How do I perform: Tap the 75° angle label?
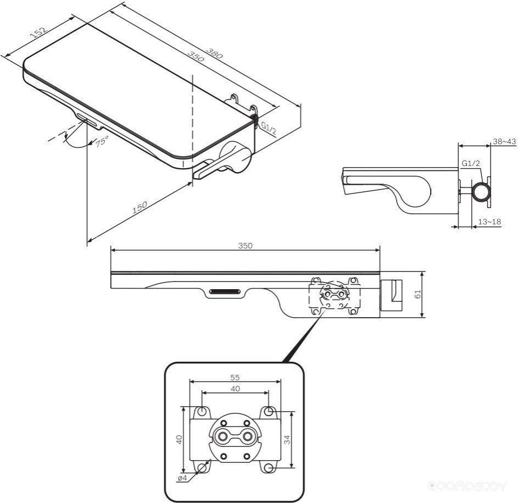tap(102, 141)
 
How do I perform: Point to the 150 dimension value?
tap(140, 208)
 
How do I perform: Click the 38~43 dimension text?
tap(504, 141)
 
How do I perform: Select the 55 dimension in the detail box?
tap(235, 378)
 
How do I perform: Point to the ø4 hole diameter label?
tap(182, 478)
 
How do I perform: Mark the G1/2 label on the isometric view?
tap(269, 128)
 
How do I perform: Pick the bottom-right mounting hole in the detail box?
tap(269, 467)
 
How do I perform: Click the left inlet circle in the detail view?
tap(223, 437)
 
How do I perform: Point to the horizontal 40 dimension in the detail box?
tap(235, 389)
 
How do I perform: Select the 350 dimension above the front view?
tap(246, 246)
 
